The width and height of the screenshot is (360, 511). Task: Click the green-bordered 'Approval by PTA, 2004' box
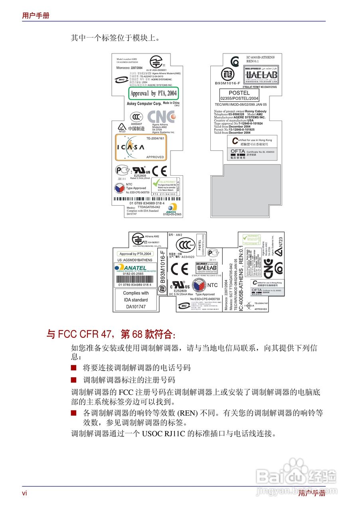153,93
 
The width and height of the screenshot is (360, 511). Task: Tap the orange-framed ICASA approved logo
141,147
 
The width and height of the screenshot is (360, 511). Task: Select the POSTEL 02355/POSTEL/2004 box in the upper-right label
239,95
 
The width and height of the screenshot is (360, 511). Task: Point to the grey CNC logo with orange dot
161,117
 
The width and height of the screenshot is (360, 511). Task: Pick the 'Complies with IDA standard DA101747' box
136,300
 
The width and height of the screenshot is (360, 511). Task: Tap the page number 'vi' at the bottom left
24,493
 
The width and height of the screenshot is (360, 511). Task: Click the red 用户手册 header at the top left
36,16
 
